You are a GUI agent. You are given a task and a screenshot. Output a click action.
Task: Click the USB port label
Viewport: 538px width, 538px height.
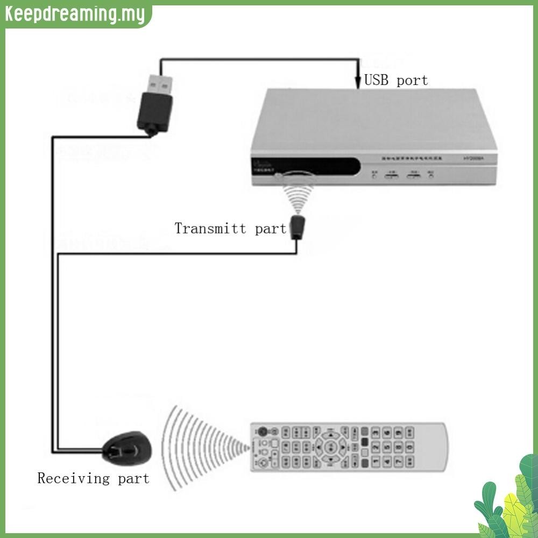[x=396, y=81]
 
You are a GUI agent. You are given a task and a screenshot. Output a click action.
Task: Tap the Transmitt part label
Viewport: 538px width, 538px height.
[x=230, y=228]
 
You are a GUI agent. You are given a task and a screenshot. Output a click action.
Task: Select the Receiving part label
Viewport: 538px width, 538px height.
[x=93, y=478]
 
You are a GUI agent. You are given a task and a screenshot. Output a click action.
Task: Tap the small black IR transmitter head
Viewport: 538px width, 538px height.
[x=296, y=227]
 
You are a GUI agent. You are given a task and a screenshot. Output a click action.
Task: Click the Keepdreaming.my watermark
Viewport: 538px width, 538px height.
[x=75, y=15]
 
